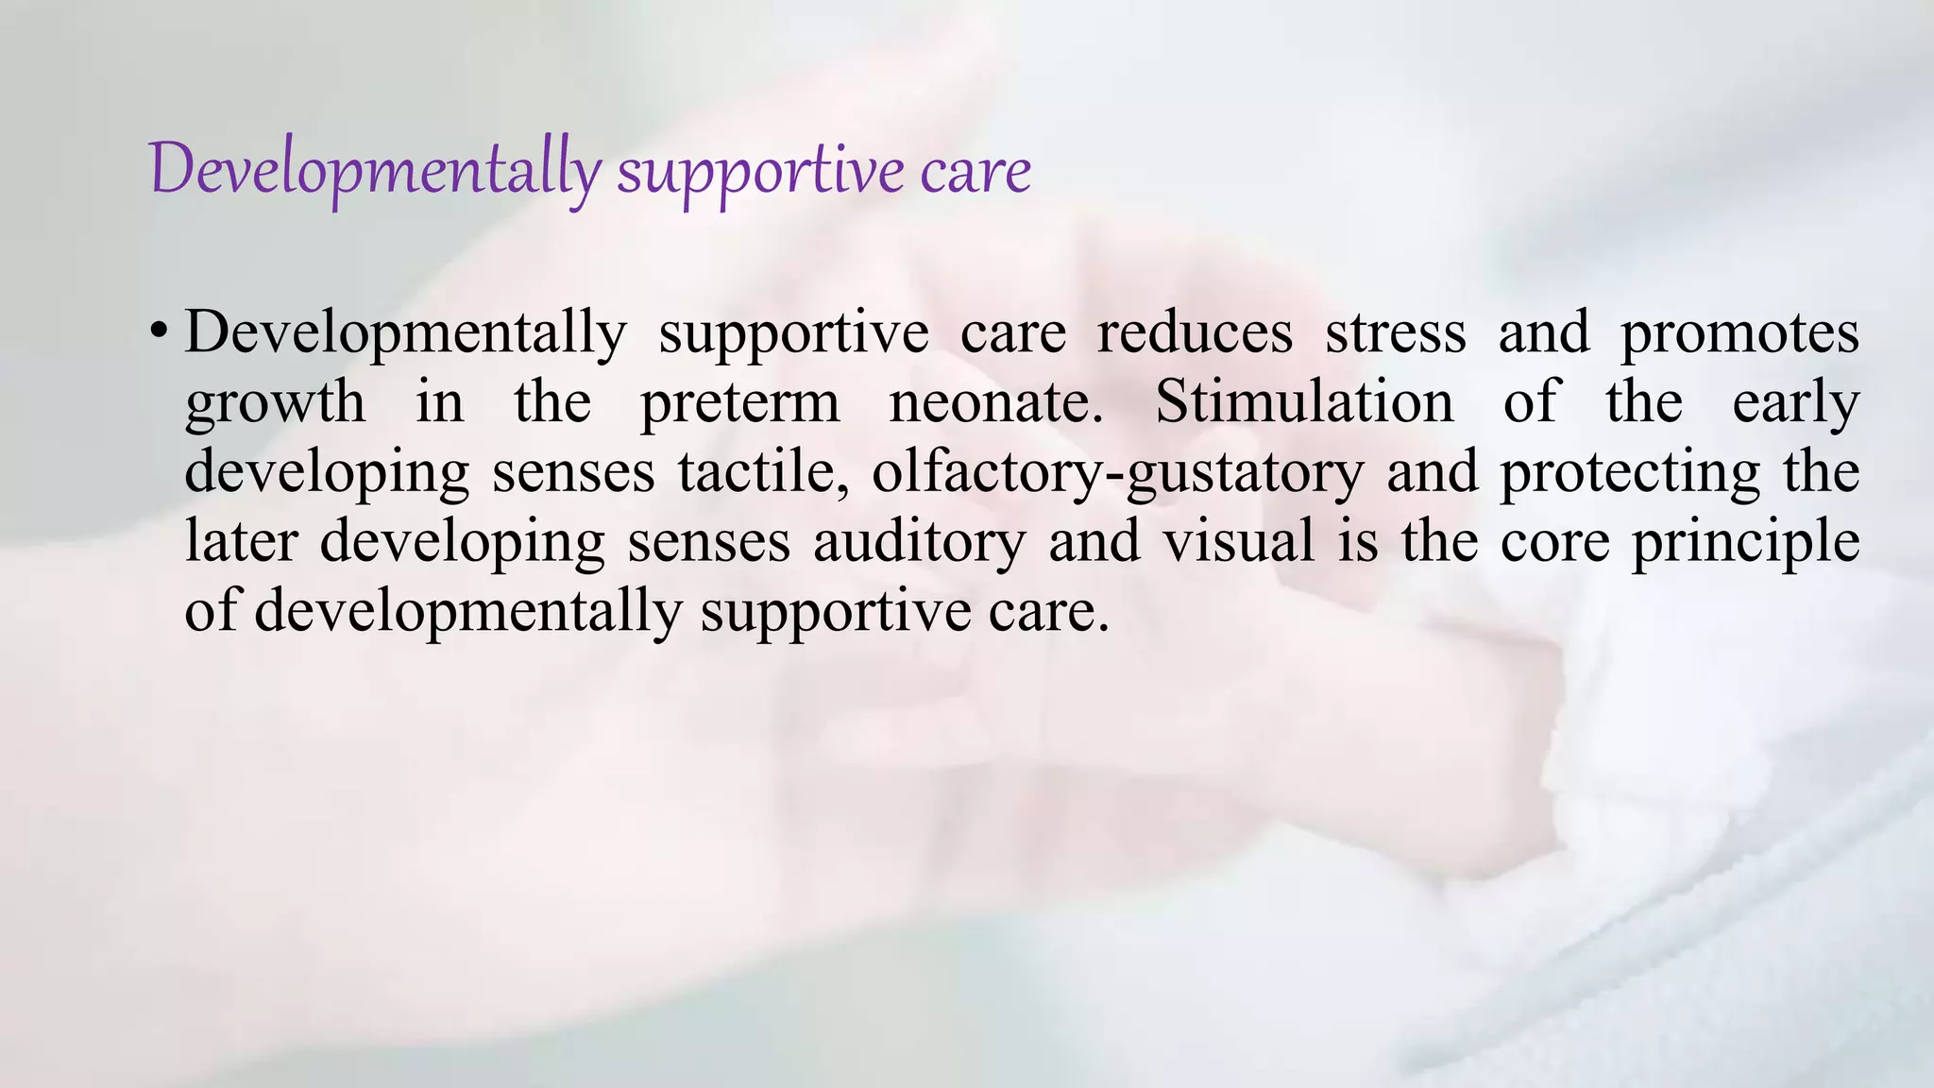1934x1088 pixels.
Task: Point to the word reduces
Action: pyautogui.click(x=1194, y=332)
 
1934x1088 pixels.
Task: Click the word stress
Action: pyautogui.click(x=1395, y=332)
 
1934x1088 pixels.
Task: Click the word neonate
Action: pyautogui.click(x=996, y=402)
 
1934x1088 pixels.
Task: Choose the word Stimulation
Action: pyautogui.click(x=1304, y=400)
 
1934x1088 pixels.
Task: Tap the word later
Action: pyautogui.click(x=241, y=541)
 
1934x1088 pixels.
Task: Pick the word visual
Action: pyautogui.click(x=1238, y=541)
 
